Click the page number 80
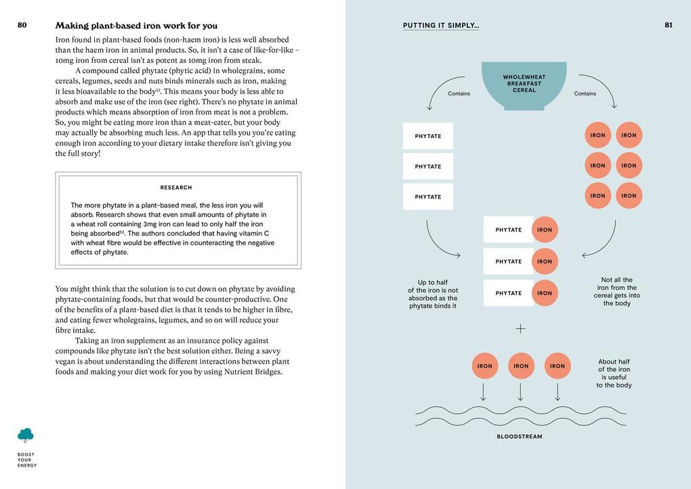point(22,25)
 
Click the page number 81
point(669,25)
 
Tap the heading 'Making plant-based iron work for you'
point(136,26)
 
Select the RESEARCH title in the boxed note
point(176,188)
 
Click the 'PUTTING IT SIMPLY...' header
point(441,26)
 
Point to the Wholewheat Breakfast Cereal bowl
point(524,85)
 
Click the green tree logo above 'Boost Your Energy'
point(26,435)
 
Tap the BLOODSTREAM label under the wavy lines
point(520,437)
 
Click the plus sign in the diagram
point(520,328)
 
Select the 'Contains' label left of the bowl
point(459,93)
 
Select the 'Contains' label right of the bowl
point(585,93)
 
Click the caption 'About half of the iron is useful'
point(614,373)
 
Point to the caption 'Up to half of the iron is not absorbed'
point(433,294)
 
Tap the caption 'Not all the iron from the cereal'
point(616,291)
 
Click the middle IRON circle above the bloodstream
point(521,366)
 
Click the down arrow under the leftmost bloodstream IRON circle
point(484,391)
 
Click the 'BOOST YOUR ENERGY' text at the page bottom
point(27,460)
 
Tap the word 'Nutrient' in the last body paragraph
point(242,372)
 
